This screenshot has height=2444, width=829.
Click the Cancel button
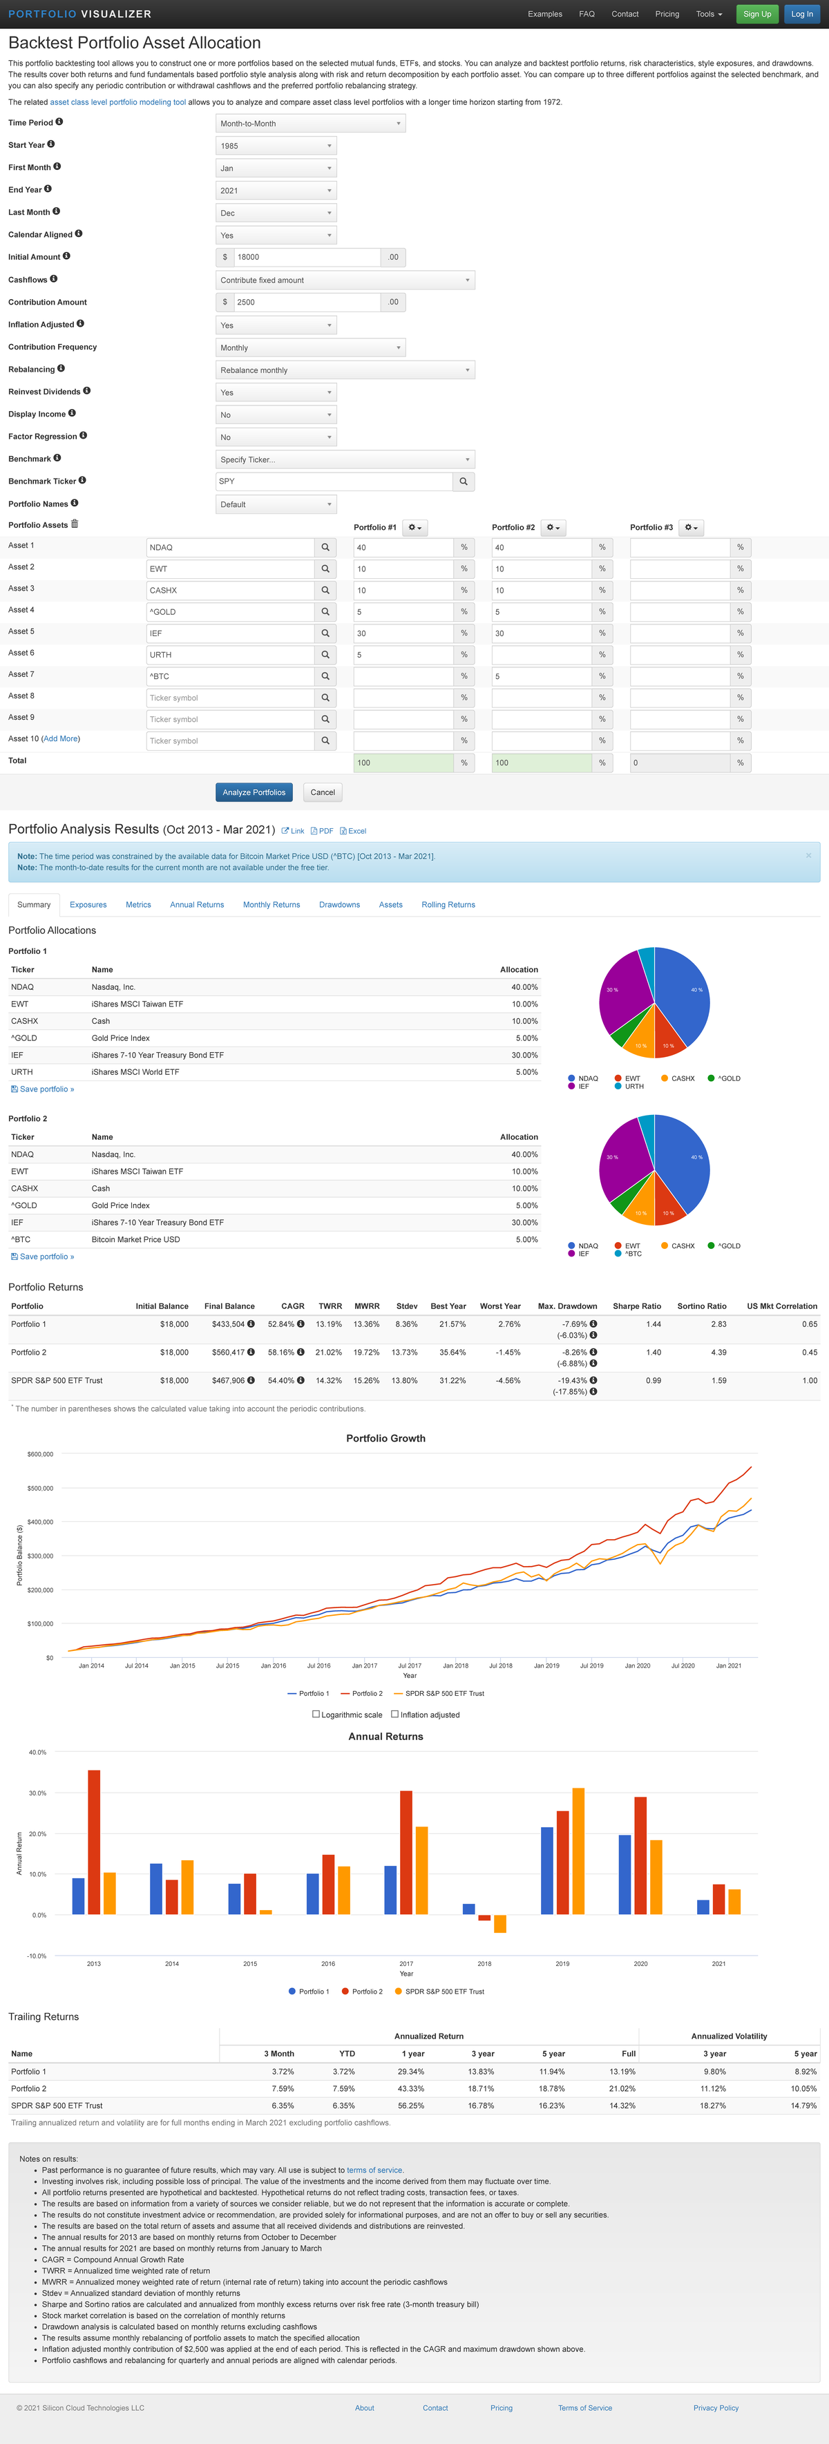(x=323, y=792)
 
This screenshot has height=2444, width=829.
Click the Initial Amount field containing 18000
(x=306, y=257)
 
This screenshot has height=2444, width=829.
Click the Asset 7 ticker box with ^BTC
(x=229, y=676)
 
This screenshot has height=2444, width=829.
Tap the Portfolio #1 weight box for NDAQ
(x=403, y=547)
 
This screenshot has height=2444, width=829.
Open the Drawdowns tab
(x=339, y=905)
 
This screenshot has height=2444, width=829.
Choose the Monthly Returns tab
(x=271, y=905)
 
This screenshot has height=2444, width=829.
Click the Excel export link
(x=353, y=831)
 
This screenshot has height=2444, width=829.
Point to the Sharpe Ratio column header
(x=636, y=1306)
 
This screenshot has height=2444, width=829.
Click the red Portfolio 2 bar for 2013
(x=94, y=1842)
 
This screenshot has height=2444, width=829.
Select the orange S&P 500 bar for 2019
(x=579, y=1851)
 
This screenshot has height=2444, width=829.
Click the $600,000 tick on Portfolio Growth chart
(x=40, y=1454)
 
